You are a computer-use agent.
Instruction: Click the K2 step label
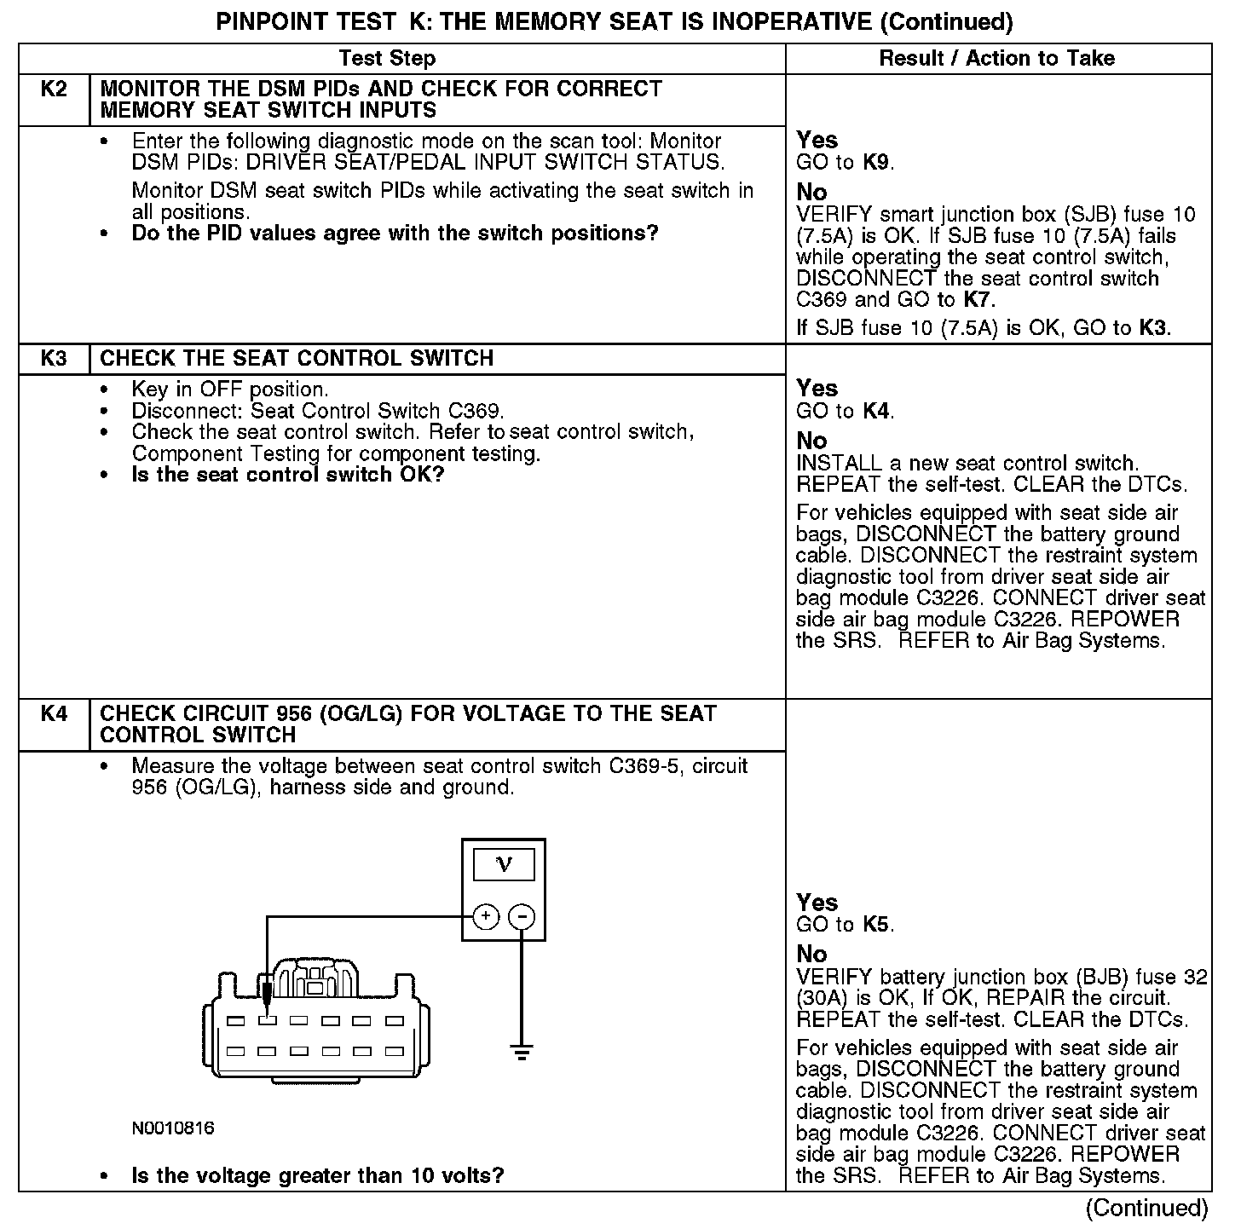tap(54, 89)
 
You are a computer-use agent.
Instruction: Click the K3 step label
tap(54, 359)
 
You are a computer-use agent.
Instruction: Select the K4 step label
tap(54, 713)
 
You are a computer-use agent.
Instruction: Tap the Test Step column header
tap(387, 59)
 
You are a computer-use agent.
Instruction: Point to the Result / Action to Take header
tap(996, 59)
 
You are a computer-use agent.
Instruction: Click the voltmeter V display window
tap(504, 865)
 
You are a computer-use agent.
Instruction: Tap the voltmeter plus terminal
tap(485, 917)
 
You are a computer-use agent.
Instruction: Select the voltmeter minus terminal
tap(522, 917)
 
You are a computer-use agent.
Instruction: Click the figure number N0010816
tap(173, 1128)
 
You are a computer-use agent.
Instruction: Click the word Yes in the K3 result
tap(817, 389)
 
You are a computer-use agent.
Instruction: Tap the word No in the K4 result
tap(811, 954)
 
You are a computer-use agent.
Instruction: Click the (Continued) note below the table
tap(1146, 1208)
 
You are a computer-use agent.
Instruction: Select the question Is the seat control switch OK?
tap(288, 475)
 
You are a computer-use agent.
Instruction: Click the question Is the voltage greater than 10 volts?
tap(318, 1176)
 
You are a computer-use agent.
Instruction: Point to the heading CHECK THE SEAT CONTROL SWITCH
tap(297, 359)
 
